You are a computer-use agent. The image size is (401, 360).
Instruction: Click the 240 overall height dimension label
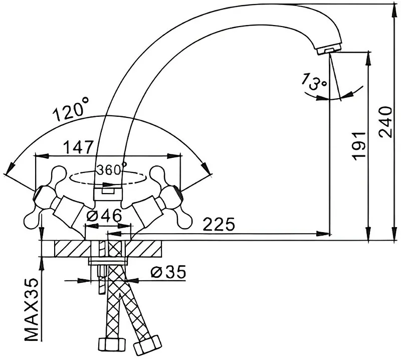tap(385, 122)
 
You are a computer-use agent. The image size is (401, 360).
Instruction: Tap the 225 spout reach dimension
tap(219, 225)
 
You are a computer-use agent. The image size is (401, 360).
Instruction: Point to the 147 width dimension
tap(78, 147)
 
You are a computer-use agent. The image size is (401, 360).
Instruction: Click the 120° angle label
tap(71, 109)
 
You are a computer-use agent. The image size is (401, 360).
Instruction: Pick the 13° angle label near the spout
tap(313, 82)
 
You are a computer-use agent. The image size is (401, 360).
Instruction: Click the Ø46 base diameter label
tap(104, 216)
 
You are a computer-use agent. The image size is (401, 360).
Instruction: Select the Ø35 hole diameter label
tap(168, 272)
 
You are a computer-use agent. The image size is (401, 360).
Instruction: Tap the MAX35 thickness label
tap(32, 309)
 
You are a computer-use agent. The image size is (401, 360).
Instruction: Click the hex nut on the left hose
tap(112, 345)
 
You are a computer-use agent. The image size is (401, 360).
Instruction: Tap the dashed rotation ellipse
tap(108, 178)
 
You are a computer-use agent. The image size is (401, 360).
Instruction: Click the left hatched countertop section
tap(72, 249)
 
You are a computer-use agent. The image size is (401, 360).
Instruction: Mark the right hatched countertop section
tap(144, 249)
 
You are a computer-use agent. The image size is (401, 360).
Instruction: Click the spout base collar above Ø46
tap(108, 194)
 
